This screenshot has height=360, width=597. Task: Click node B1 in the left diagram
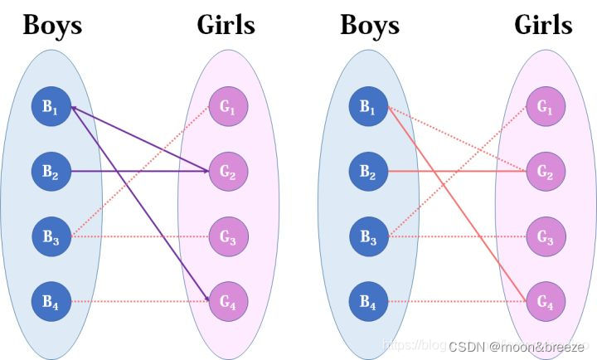click(51, 107)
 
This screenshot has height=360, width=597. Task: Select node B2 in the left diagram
click(51, 172)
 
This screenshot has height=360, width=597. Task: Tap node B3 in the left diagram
click(51, 236)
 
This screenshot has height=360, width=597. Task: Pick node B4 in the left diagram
click(51, 302)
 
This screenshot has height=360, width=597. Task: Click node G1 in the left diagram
click(227, 107)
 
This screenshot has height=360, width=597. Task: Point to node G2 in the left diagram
click(227, 172)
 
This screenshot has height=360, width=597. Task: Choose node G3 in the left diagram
click(227, 236)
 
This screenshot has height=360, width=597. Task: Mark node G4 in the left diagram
click(227, 302)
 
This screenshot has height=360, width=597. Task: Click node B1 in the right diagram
click(368, 107)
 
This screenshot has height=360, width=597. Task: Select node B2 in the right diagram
click(368, 172)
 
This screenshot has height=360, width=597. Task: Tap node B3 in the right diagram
click(368, 236)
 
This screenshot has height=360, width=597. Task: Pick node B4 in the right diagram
click(368, 302)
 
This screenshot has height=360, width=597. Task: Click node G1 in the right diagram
click(545, 107)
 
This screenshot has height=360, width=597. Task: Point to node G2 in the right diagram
click(545, 172)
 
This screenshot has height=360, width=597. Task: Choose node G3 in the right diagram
click(545, 236)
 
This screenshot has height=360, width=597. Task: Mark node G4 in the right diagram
click(545, 302)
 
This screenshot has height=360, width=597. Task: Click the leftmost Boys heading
click(52, 26)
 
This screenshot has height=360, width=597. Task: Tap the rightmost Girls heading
click(543, 26)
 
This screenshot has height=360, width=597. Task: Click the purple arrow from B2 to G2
click(137, 172)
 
